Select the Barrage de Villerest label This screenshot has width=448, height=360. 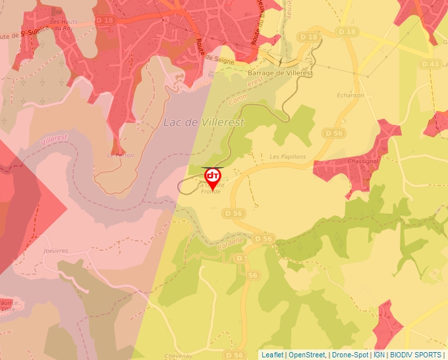pyautogui.click(x=281, y=73)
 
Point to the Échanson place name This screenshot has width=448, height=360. pyautogui.click(x=350, y=95)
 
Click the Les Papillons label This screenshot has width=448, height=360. pyautogui.click(x=288, y=157)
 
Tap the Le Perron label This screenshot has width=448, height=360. pyautogui.click(x=120, y=155)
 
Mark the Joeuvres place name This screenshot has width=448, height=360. pyautogui.click(x=54, y=250)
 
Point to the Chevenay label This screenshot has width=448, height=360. pyautogui.click(x=179, y=355)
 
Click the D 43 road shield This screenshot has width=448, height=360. pyautogui.click(x=429, y=64)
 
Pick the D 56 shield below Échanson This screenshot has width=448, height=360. pyautogui.click(x=335, y=133)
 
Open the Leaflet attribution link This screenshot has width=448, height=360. pyautogui.click(x=272, y=355)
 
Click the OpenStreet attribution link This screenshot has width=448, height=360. pyautogui.click(x=306, y=355)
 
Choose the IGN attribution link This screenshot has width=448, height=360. pyautogui.click(x=379, y=355)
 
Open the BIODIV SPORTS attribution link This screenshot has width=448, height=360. pyautogui.click(x=416, y=355)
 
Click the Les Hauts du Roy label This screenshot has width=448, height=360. pyautogui.click(x=63, y=25)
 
